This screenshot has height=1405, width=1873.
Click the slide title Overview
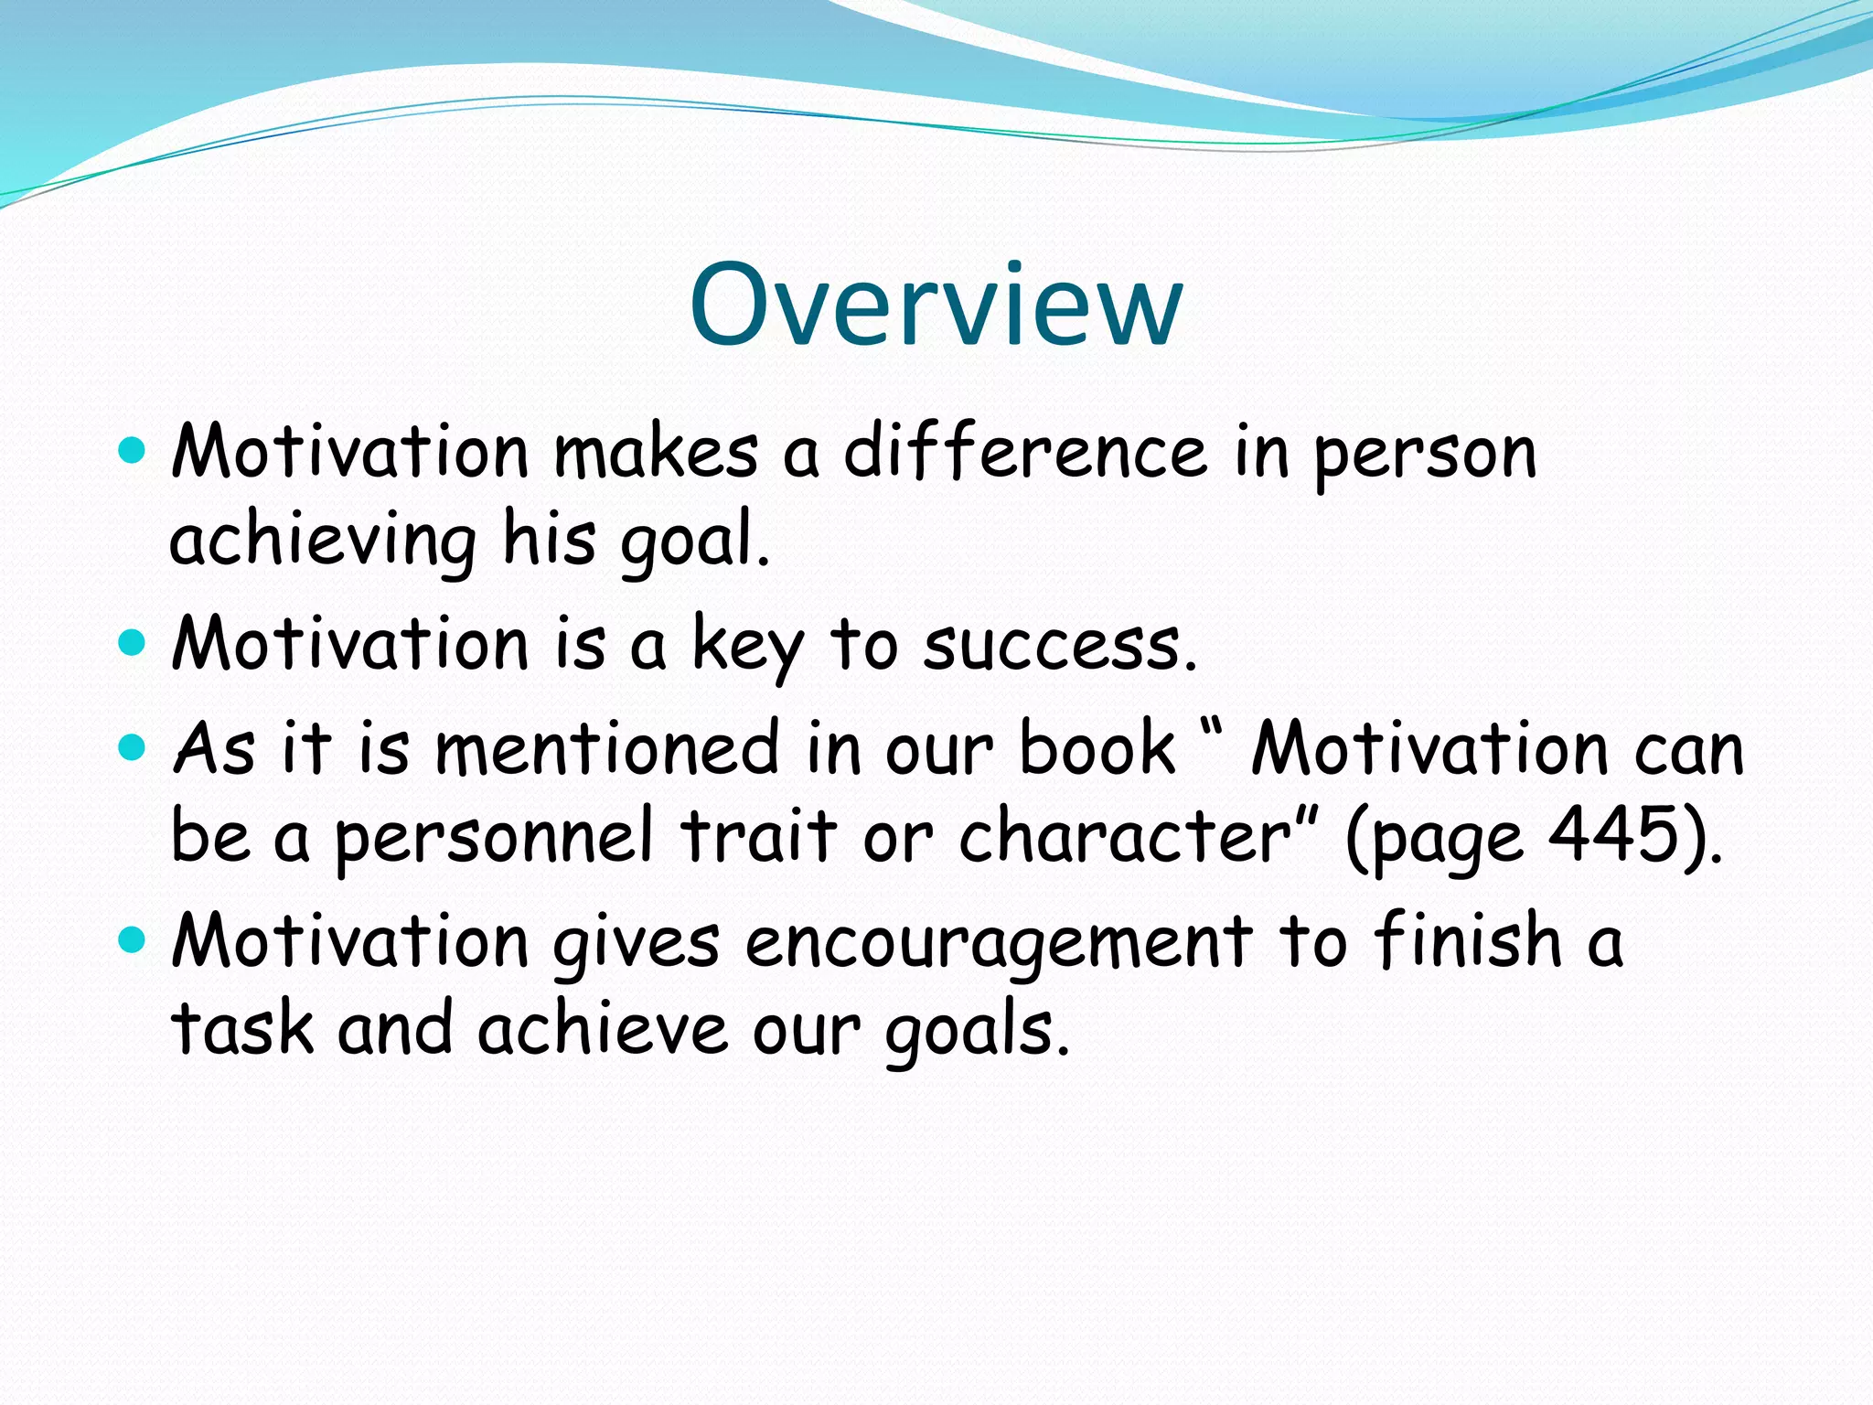pyautogui.click(x=936, y=306)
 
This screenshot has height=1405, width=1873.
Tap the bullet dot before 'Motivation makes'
pyautogui.click(x=133, y=450)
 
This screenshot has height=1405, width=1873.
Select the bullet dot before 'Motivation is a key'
pyautogui.click(x=133, y=642)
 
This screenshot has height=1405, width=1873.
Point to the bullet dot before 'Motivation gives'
pyautogui.click(x=133, y=939)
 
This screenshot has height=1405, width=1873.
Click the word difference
pyautogui.click(x=1024, y=452)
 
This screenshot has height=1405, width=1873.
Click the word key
pyautogui.click(x=747, y=646)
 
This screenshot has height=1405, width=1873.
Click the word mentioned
pyautogui.click(x=606, y=749)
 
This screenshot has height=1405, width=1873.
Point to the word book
pyautogui.click(x=1096, y=747)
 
